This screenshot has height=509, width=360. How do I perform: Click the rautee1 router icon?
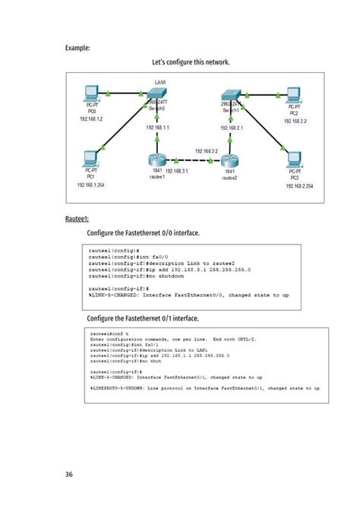[x=156, y=160]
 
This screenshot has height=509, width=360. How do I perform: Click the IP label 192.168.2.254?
[x=299, y=185]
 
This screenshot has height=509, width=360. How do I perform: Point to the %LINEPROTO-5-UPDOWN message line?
[x=204, y=387]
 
